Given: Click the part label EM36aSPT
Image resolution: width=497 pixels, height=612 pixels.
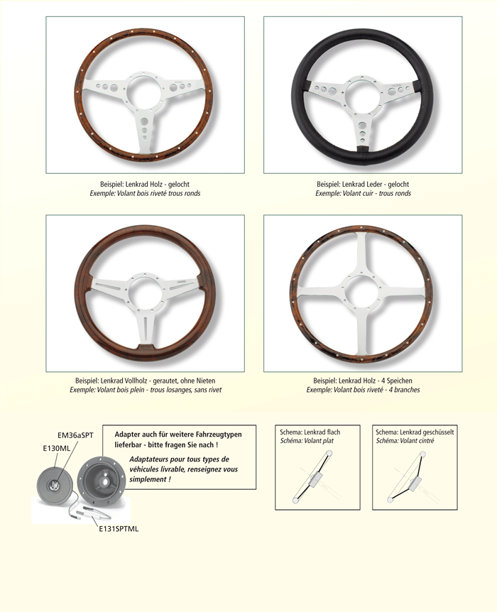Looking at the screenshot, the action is point(75,435).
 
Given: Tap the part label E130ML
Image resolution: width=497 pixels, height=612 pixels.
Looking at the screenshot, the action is point(57,449).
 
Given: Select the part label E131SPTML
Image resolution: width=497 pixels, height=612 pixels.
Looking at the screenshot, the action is point(119,529).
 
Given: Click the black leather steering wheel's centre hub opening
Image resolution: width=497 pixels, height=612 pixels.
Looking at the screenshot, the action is point(362,95).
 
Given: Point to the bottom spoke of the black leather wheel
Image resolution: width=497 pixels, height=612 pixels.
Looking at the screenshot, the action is point(363,130).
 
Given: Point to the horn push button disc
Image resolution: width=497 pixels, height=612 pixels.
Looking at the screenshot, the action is point(55,486).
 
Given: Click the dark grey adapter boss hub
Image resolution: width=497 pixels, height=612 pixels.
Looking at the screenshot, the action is point(101,480).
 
